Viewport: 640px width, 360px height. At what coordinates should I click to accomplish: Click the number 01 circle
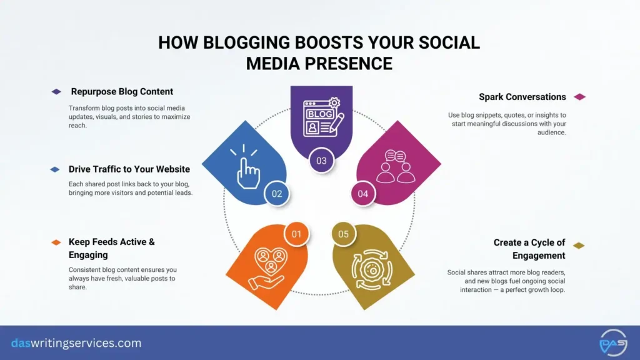[296, 234]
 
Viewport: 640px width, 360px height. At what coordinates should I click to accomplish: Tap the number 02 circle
[276, 193]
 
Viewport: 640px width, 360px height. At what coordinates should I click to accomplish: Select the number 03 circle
[321, 161]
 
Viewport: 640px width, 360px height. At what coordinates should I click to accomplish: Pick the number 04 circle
[363, 193]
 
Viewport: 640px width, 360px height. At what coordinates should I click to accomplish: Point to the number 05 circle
[343, 234]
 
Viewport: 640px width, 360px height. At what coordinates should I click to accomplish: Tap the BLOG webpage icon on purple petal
[321, 118]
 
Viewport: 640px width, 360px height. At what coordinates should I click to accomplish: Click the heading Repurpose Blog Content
[122, 91]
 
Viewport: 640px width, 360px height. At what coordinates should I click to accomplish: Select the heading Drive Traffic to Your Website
[129, 169]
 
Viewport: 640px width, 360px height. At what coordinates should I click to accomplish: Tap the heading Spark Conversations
[522, 97]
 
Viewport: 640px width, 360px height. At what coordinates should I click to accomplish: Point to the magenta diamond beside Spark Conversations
[579, 97]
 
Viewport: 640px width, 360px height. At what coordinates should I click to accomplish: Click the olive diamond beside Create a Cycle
[579, 246]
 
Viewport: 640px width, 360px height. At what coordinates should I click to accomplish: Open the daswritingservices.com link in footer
[76, 343]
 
